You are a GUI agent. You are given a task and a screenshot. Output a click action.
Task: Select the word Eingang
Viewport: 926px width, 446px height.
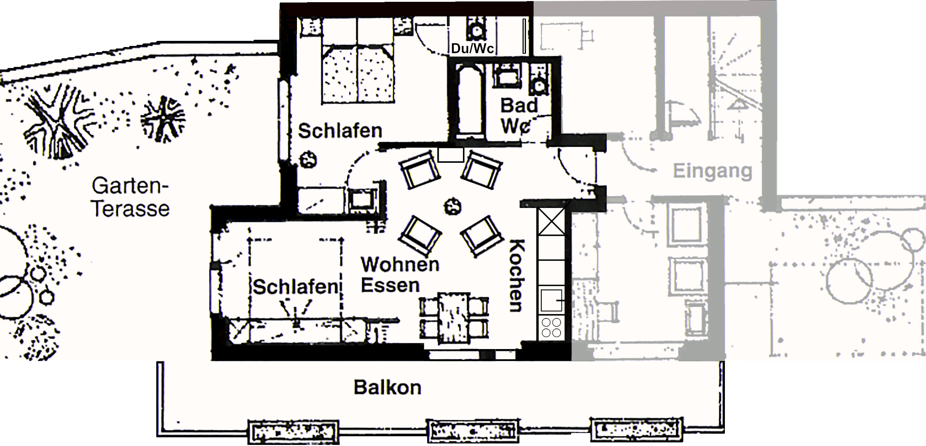[712, 171]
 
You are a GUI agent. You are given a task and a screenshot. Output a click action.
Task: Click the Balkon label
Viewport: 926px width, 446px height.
[387, 387]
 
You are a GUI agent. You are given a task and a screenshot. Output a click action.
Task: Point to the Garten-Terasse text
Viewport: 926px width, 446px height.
[131, 197]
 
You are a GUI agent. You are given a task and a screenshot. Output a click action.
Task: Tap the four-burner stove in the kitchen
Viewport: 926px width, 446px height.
[551, 327]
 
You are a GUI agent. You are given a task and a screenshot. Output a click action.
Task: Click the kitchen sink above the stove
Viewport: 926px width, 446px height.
[551, 300]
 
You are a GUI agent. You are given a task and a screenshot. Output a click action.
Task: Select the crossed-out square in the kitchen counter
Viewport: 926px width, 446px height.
[551, 221]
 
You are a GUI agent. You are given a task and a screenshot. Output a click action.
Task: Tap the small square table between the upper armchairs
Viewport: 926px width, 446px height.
[451, 155]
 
